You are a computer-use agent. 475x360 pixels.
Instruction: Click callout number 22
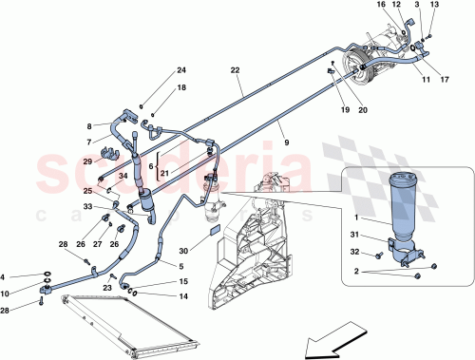[235, 70]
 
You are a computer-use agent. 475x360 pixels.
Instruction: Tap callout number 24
[182, 70]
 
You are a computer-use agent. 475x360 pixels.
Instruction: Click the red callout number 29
[86, 162]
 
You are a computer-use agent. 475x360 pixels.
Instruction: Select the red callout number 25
[86, 191]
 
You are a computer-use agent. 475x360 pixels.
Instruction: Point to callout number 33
[86, 206]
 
